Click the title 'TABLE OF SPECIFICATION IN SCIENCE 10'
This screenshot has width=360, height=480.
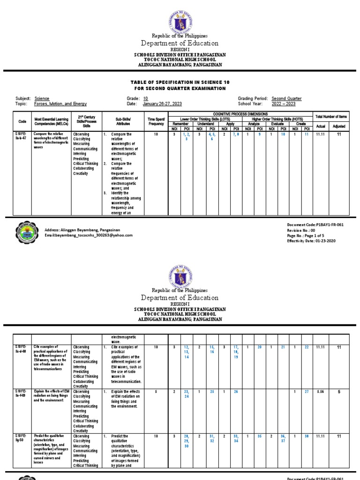click(178, 82)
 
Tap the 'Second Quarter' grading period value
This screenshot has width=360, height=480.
click(286, 98)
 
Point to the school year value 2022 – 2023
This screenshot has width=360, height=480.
click(284, 104)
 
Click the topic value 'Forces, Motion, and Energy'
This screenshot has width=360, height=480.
click(60, 104)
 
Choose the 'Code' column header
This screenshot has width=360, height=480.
click(22, 121)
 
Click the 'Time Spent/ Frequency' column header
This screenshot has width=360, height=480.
click(156, 121)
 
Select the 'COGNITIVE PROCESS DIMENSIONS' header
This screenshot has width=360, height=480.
click(240, 114)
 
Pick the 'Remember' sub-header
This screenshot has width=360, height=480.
click(180, 124)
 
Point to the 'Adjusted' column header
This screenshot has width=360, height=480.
click(338, 126)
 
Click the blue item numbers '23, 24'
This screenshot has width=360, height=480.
click(187, 394)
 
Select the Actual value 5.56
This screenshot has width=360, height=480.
click(321, 391)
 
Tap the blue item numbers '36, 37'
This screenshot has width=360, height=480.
click(283, 439)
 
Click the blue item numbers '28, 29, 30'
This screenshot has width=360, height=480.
click(187, 441)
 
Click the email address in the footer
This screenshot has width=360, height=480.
click(88, 236)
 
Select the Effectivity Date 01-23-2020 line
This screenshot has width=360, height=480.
click(312, 240)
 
